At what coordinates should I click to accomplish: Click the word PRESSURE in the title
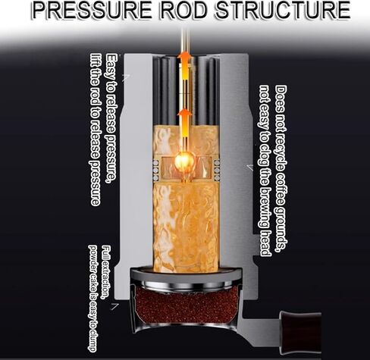click(92, 10)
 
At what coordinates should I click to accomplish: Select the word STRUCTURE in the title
click(283, 10)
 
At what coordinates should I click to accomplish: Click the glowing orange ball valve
click(184, 161)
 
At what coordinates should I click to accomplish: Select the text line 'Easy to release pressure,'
click(111, 118)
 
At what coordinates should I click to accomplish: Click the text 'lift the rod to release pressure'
click(96, 130)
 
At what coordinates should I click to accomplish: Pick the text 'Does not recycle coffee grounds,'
click(281, 169)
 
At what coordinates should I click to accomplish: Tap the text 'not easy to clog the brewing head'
click(265, 171)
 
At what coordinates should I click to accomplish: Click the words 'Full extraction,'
click(105, 272)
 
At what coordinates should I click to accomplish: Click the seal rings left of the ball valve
click(155, 171)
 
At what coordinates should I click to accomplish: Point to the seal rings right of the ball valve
click(217, 171)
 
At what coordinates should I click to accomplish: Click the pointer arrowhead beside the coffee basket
click(114, 306)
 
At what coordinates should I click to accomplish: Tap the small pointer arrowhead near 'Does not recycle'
click(249, 167)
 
